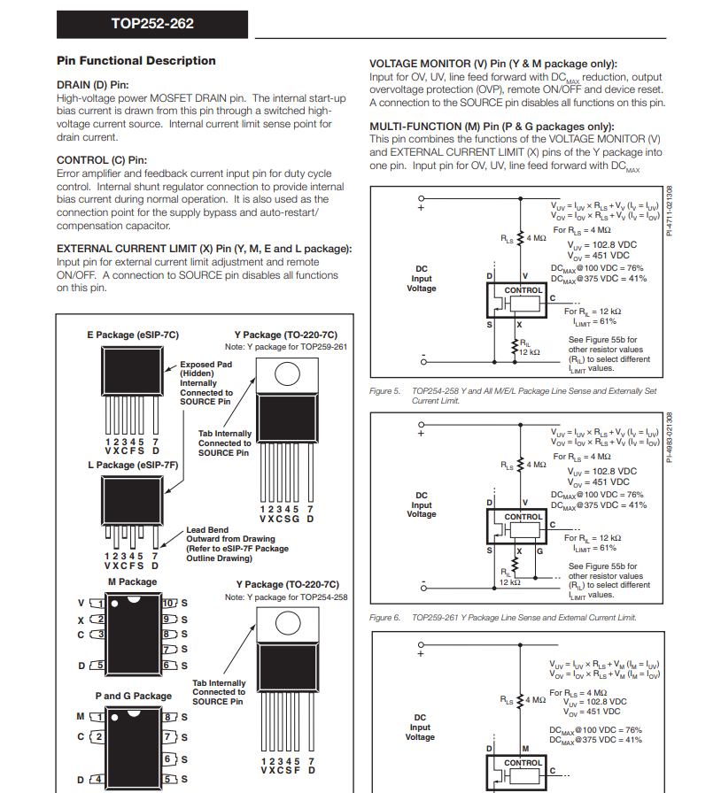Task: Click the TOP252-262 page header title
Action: point(152,24)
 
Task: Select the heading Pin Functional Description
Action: point(136,61)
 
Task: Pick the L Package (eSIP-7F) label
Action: point(133,465)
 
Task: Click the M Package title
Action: point(132,582)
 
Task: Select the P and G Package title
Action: point(134,696)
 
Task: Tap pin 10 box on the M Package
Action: point(170,604)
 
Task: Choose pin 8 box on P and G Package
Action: point(170,716)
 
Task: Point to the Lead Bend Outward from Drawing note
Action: point(236,543)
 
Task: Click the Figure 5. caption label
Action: point(385,390)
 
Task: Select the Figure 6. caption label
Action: point(385,617)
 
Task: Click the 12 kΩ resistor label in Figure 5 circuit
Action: point(529,352)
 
